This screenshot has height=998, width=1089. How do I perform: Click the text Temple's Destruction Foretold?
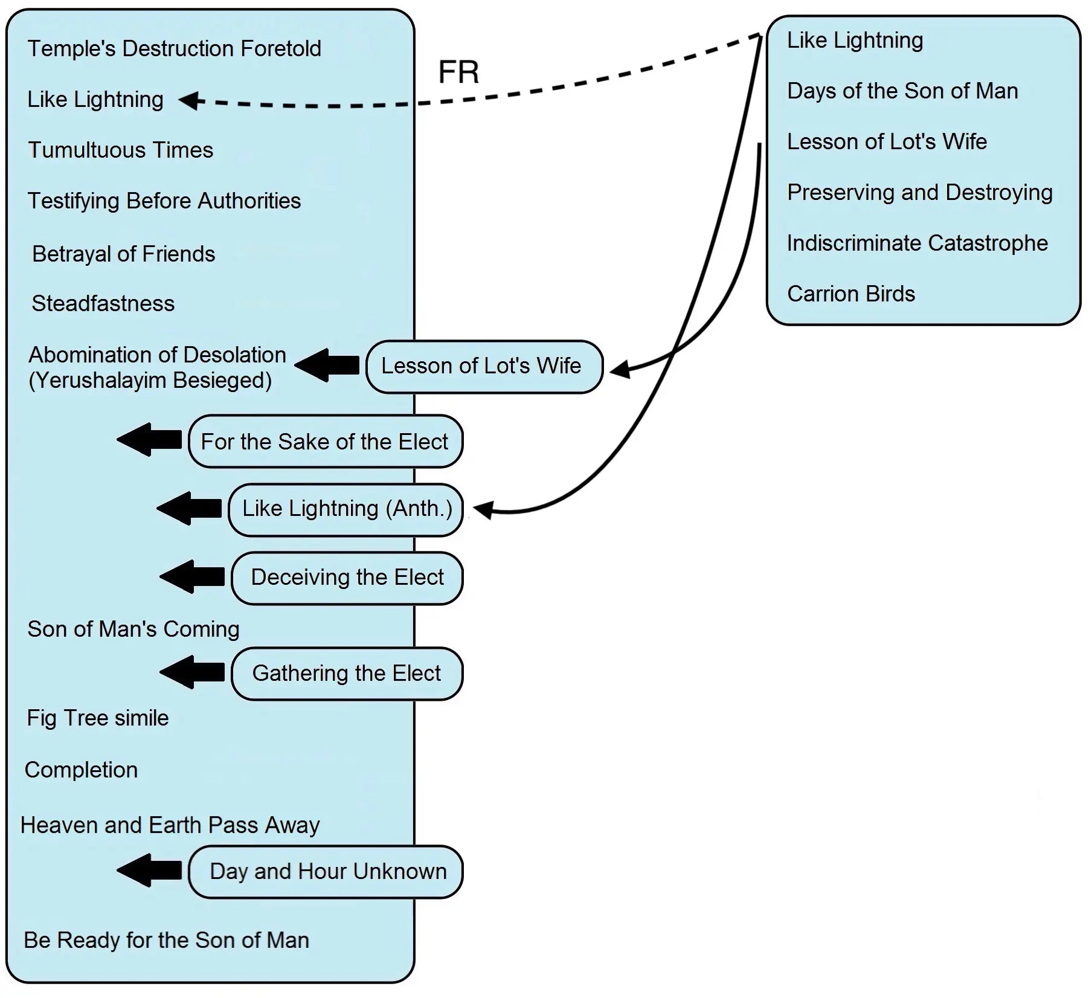pyautogui.click(x=174, y=49)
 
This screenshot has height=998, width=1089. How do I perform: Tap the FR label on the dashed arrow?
pyautogui.click(x=458, y=72)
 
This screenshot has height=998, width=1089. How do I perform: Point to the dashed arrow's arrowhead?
pyautogui.click(x=189, y=100)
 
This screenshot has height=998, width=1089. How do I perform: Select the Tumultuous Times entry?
pyautogui.click(x=121, y=150)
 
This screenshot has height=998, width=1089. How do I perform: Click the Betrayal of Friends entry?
pyautogui.click(x=123, y=254)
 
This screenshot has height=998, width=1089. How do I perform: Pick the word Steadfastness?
pyautogui.click(x=103, y=303)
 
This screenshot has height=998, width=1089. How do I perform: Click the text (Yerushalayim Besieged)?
pyautogui.click(x=150, y=381)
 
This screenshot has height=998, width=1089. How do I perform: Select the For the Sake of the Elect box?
pyautogui.click(x=325, y=442)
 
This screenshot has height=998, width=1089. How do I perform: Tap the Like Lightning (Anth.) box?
pyautogui.click(x=346, y=509)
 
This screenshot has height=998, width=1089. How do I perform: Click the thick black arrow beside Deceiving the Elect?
pyautogui.click(x=192, y=577)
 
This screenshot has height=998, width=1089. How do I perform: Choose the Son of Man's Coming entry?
pyautogui.click(x=133, y=629)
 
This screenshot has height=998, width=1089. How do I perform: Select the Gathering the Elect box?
pyautogui.click(x=347, y=674)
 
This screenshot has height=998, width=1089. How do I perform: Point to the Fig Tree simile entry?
pyautogui.click(x=98, y=718)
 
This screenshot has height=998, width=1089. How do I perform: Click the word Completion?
pyautogui.click(x=82, y=770)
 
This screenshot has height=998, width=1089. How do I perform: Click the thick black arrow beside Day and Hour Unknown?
pyautogui.click(x=149, y=871)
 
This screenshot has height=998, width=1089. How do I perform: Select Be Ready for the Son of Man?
pyautogui.click(x=166, y=941)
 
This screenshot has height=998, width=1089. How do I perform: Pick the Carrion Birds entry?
pyautogui.click(x=850, y=294)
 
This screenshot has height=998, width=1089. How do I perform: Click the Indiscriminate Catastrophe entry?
pyautogui.click(x=917, y=243)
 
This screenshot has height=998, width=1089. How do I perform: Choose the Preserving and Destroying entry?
pyautogui.click(x=919, y=193)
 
